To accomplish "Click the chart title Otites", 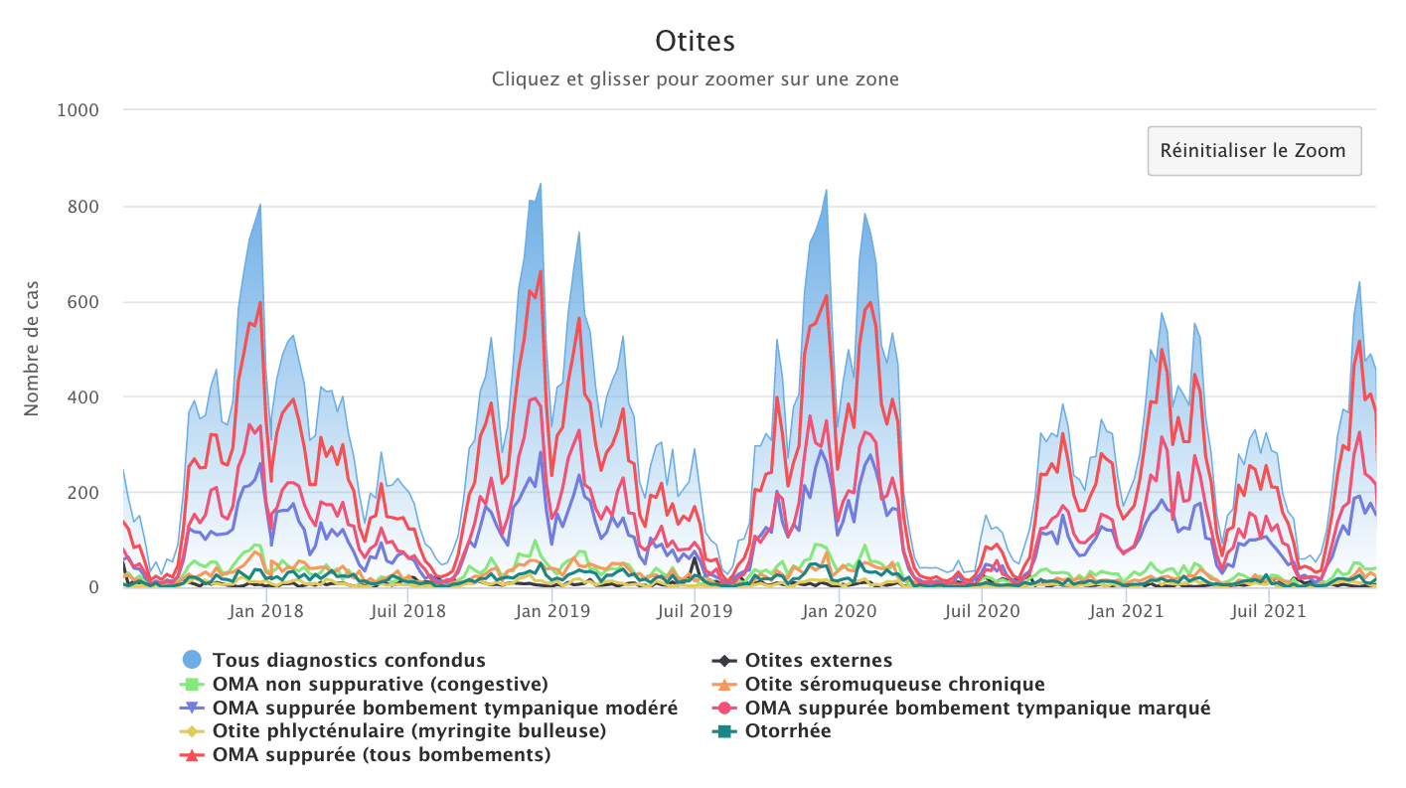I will (695, 42).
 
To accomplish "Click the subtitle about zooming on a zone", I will (695, 79).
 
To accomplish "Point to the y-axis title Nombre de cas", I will (32, 348).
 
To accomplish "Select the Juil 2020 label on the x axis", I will (981, 611).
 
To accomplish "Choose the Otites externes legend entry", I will (819, 660).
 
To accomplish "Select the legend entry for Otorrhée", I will (788, 731).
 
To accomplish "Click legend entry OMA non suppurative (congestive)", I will (381, 684).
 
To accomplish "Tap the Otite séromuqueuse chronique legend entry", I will (894, 684).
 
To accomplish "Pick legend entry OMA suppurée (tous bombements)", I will (382, 755).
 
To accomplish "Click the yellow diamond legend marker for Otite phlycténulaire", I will (192, 731).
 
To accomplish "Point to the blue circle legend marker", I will (192, 659).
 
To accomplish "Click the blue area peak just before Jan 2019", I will (540, 184).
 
